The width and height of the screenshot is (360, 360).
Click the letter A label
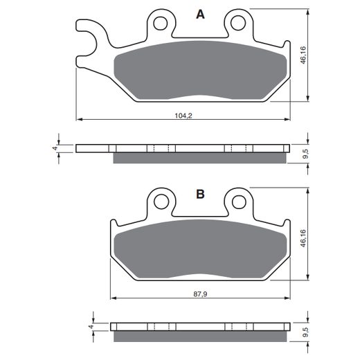pos(200,15)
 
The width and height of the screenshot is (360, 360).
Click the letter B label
pos(200,194)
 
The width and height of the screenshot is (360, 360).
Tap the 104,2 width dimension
pos(183,116)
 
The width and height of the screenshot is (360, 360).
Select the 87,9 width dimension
pos(200,294)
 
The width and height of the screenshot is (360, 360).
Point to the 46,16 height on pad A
pos(303,55)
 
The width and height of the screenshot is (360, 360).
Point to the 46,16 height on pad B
pos(303,238)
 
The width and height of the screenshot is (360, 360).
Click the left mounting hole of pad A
pos(160,23)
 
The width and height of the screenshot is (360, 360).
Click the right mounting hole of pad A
pos(237,23)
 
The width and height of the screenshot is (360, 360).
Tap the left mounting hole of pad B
pos(161,202)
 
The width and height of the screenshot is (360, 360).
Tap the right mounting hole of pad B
pos(239,202)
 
